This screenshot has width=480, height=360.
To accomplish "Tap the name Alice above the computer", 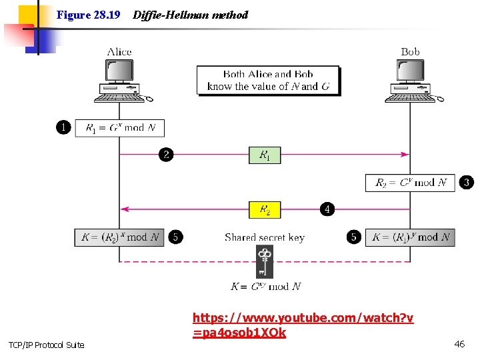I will tap(119, 52).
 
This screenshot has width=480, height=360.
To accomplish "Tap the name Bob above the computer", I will tap(411, 52).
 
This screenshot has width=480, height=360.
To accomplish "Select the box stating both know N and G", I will tap(268, 80).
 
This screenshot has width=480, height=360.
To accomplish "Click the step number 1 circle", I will tap(63, 127).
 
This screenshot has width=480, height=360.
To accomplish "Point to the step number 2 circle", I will tap(166, 155).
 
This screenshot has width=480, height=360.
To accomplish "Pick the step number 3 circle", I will tap(467, 182).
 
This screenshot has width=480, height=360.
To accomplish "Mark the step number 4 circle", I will tap(327, 209).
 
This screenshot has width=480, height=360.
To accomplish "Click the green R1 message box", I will tap(265, 155).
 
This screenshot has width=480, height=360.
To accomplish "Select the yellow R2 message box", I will tap(265, 210).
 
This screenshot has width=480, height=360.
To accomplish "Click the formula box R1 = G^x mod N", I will tap(120, 127).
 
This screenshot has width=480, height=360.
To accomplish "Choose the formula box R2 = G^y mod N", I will tap(410, 182).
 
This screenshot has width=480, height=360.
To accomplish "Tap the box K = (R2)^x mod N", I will tap(119, 237).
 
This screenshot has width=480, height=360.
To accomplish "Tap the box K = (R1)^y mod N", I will tap(410, 237).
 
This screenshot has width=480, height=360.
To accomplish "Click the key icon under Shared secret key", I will tap(265, 261).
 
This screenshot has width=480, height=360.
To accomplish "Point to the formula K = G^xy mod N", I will tap(265, 287).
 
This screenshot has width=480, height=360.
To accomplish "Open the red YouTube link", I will tap(303, 325).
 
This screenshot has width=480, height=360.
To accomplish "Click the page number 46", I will tap(459, 344).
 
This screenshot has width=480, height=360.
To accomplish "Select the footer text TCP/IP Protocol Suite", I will tap(47, 345).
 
